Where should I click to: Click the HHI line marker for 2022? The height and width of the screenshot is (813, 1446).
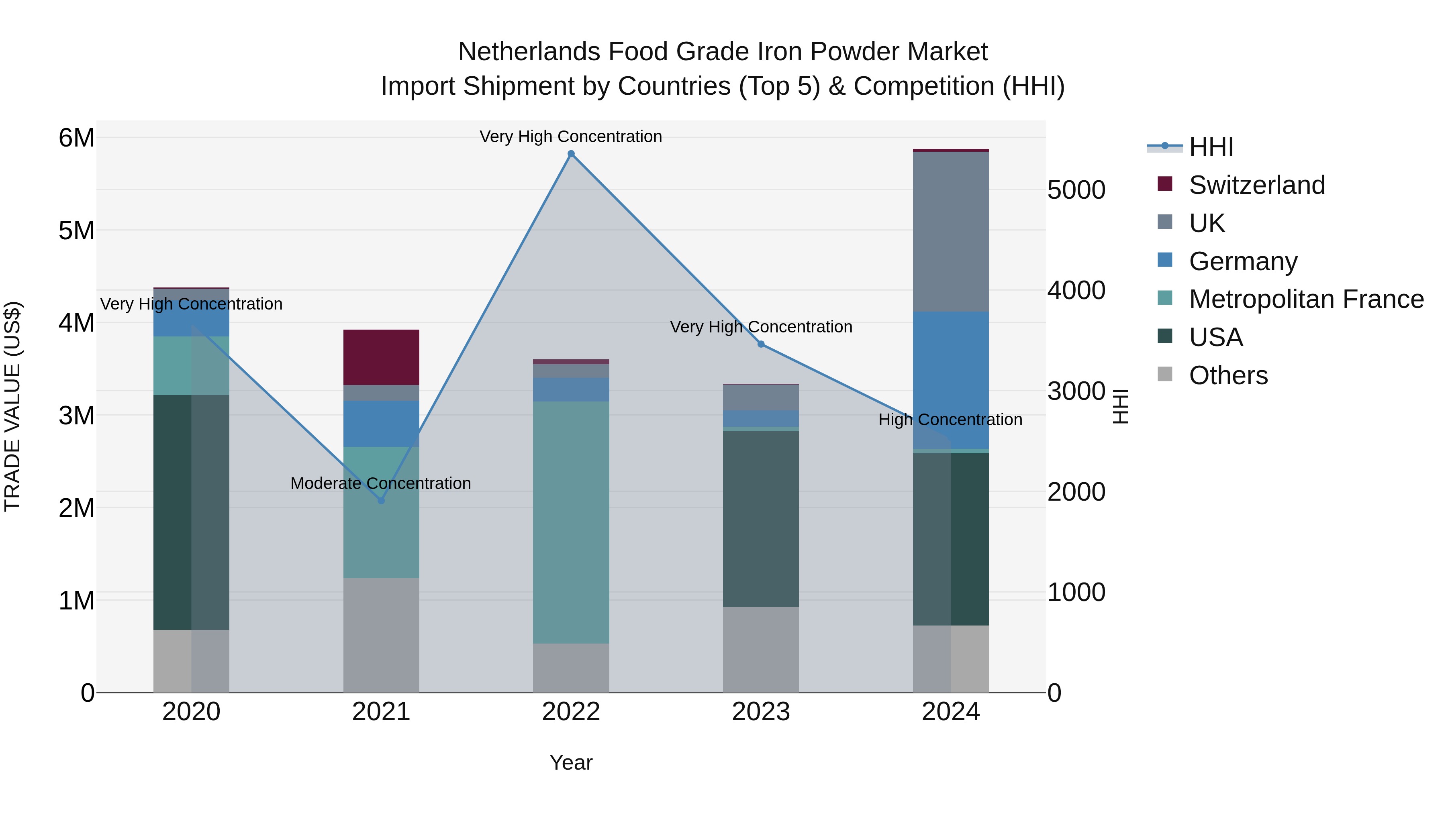pyautogui.click(x=571, y=154)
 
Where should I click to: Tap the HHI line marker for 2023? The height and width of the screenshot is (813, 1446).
pyautogui.click(x=761, y=344)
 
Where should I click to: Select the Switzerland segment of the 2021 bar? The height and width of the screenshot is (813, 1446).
pyautogui.click(x=381, y=357)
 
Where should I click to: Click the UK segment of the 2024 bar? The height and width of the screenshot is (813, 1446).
pyautogui.click(x=950, y=231)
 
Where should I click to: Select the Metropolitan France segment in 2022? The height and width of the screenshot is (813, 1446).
pyautogui.click(x=571, y=522)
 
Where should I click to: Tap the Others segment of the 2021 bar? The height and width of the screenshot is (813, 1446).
pyautogui.click(x=381, y=635)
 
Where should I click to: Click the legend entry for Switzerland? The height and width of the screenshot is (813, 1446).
pyautogui.click(x=1256, y=185)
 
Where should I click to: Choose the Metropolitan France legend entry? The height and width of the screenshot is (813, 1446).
pyautogui.click(x=1306, y=299)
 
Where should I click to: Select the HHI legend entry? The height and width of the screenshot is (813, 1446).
pyautogui.click(x=1211, y=147)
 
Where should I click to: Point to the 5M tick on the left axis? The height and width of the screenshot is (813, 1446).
pyautogui.click(x=76, y=230)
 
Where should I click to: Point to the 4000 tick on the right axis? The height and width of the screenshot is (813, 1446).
pyautogui.click(x=1076, y=291)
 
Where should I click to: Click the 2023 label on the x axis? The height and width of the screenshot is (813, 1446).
pyautogui.click(x=761, y=712)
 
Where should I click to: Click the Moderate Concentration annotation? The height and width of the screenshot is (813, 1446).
pyautogui.click(x=381, y=483)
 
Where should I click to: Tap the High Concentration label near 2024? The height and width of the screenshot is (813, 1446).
pyautogui.click(x=950, y=420)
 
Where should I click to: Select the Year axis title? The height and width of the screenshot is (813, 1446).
pyautogui.click(x=571, y=762)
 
